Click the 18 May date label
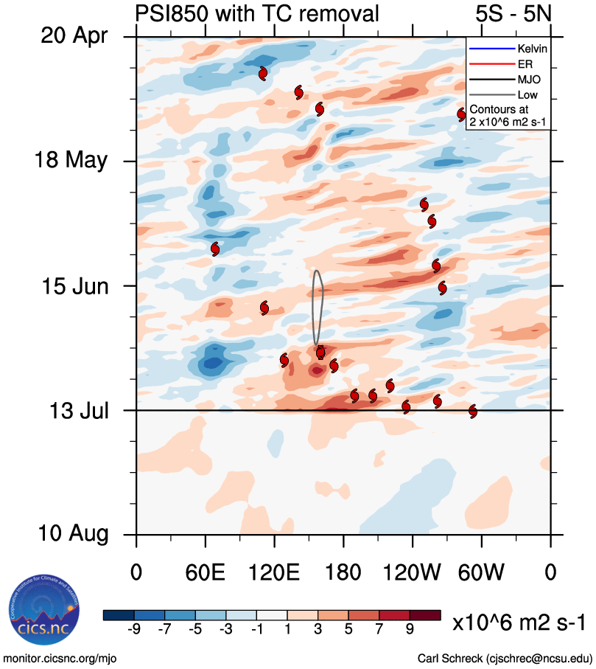click(x=70, y=161)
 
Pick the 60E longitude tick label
click(x=206, y=572)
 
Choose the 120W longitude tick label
click(x=413, y=572)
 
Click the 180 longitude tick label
click(x=343, y=572)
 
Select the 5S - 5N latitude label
click(x=513, y=13)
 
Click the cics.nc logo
click(x=41, y=607)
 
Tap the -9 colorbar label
click(x=134, y=629)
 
